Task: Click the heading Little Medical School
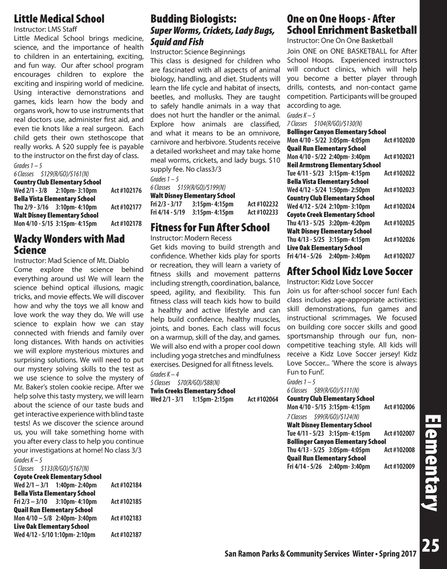[x=59, y=19]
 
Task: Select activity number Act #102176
[x=126, y=190]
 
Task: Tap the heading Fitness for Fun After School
[x=210, y=228]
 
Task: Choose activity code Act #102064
[x=263, y=399]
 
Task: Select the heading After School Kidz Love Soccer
[x=349, y=271]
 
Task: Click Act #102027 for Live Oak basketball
[x=399, y=256]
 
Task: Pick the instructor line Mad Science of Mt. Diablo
[x=71, y=261]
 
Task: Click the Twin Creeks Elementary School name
[x=193, y=391]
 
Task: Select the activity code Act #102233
[x=263, y=212]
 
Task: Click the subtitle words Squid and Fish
[x=177, y=42]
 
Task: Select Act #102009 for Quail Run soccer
[x=399, y=466]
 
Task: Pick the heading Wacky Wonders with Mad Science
[x=69, y=245]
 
